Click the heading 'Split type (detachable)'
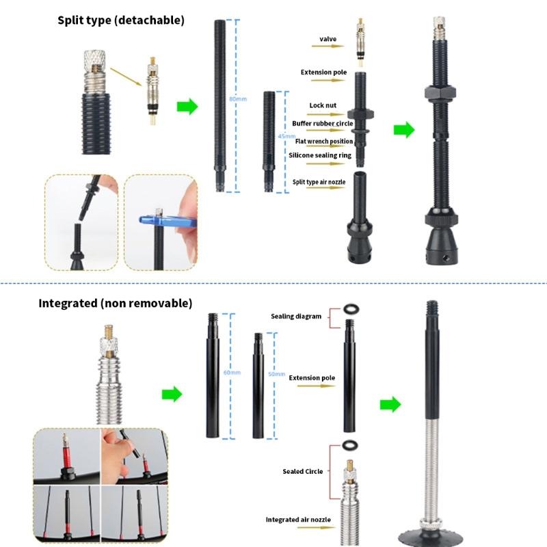tap(121, 21)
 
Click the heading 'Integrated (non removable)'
tap(115, 302)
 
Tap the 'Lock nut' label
tap(322, 105)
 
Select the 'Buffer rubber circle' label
tap(322, 123)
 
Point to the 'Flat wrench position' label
tap(323, 141)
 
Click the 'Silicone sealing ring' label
tap(319, 155)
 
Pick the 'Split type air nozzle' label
tap(319, 182)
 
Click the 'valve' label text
tap(328, 40)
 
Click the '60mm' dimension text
tap(232, 373)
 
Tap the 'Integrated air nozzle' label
tap(298, 520)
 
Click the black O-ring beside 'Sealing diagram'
tap(350, 308)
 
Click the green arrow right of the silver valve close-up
tap(172, 394)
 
